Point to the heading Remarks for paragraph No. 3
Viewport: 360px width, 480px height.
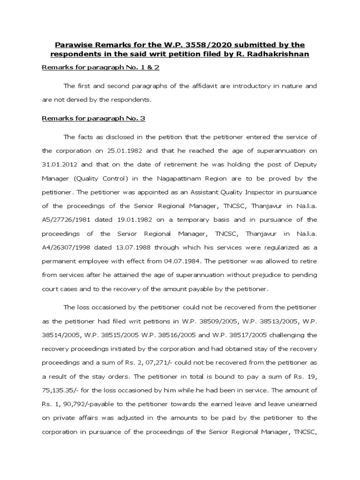point(94,119)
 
